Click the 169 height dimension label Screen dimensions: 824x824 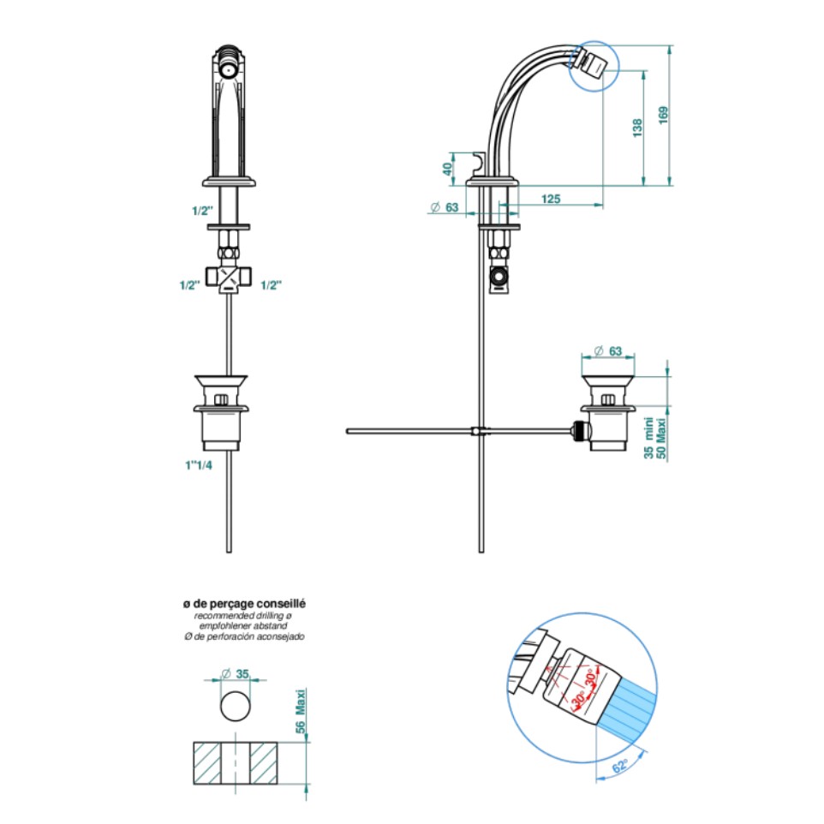point(663,116)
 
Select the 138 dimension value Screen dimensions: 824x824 point(637,128)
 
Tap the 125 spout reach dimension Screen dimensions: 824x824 point(551,199)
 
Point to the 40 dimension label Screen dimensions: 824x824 point(447,169)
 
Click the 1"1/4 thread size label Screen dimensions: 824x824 point(199,465)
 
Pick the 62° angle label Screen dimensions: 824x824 point(620,766)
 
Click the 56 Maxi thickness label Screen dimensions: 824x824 point(300,712)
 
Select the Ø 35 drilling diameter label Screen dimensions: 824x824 point(235,674)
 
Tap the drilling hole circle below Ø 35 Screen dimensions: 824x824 point(236,706)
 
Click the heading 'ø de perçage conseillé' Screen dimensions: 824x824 point(244,604)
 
